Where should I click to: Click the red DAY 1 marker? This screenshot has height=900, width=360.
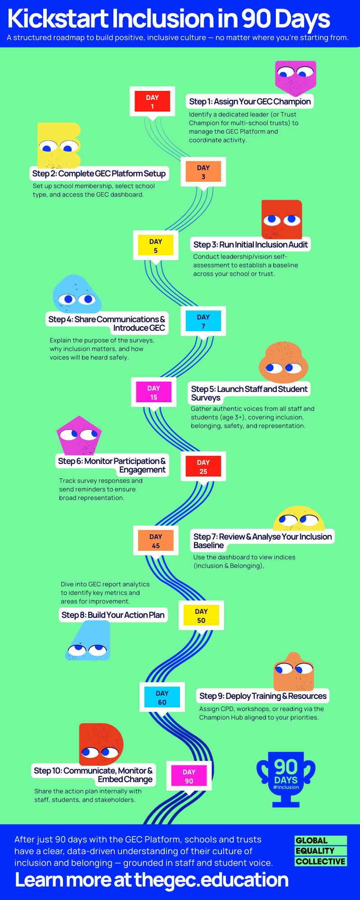(153, 102)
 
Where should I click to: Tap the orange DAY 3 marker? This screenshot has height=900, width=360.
(203, 172)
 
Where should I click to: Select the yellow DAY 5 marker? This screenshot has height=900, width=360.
(156, 246)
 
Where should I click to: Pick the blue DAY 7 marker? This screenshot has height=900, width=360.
(203, 321)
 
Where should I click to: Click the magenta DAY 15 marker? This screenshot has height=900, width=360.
(154, 392)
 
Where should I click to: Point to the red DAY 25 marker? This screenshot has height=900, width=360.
(203, 467)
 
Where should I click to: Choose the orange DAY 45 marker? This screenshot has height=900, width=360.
(156, 541)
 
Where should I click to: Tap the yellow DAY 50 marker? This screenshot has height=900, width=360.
(201, 616)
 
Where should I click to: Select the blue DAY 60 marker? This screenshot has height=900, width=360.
(162, 697)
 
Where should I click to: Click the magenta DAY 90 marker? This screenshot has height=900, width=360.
(189, 776)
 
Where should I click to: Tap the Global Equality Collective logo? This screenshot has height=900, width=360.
(321, 851)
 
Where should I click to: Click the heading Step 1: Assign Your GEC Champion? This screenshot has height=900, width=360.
(250, 102)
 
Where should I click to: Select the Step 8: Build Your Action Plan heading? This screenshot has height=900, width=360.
(113, 615)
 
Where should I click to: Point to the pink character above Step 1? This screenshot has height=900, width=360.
(296, 77)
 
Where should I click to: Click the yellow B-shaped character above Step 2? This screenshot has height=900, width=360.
(58, 145)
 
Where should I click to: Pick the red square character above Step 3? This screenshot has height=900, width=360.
(282, 219)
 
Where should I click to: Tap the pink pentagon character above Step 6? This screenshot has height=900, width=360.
(79, 436)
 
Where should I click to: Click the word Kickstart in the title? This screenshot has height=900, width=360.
(58, 19)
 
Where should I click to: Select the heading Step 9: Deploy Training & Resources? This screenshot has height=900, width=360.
(263, 696)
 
